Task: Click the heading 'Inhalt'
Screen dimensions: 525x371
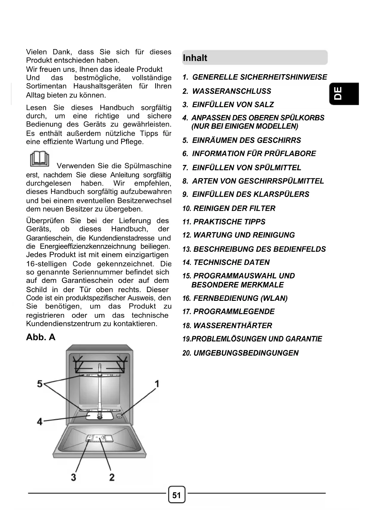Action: [x=195, y=58]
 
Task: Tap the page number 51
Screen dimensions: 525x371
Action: [x=177, y=495]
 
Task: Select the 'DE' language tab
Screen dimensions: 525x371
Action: [x=339, y=93]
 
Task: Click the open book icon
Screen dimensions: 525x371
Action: [x=39, y=159]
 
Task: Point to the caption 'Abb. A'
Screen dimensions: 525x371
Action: [x=41, y=337]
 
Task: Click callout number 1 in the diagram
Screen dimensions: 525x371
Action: [x=157, y=383]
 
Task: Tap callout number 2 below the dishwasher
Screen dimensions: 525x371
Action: [x=112, y=477]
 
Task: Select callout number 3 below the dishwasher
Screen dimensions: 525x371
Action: [x=73, y=477]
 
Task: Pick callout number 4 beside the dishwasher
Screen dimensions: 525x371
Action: [x=39, y=421]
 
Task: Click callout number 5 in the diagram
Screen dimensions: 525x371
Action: [x=40, y=383]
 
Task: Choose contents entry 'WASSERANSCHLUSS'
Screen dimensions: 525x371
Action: [x=231, y=91]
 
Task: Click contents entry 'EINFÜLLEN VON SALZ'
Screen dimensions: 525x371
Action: [x=233, y=104]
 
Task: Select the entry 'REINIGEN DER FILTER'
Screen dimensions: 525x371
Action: [x=234, y=208]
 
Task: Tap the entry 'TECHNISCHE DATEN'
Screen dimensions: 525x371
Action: [x=231, y=262]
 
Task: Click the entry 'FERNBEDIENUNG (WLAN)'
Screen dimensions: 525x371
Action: [x=240, y=298]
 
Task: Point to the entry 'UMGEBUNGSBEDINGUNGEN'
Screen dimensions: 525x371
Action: [x=246, y=353]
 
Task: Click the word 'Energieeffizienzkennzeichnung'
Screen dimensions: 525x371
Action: [x=88, y=246]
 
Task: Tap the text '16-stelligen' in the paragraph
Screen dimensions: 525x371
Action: [x=46, y=264]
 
